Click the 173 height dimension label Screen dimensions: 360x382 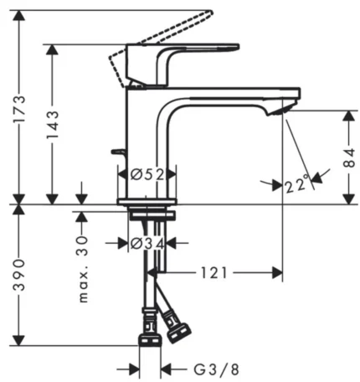click(19, 109)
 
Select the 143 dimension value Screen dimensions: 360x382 click(53, 125)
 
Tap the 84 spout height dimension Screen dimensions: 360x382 click(349, 157)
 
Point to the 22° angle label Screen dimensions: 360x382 click(297, 183)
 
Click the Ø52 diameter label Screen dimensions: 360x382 click(147, 175)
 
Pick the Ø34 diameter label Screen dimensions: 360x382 click(147, 244)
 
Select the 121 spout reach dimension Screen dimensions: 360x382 click(214, 273)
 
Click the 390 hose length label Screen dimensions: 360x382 click(19, 275)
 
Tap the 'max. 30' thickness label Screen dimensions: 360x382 click(82, 269)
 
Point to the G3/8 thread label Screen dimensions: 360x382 click(216, 369)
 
